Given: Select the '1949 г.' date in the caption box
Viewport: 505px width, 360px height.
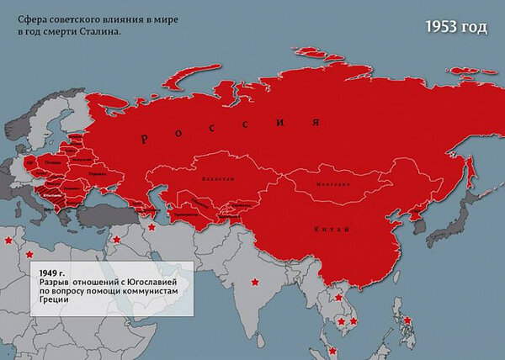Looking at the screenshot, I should (51, 273).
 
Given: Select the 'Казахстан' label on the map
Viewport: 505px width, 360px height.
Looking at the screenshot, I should (215, 178).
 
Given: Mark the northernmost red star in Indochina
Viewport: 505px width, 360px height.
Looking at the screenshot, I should (338, 297).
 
